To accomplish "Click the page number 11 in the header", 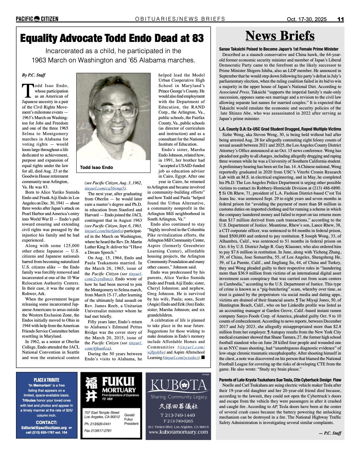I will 340,19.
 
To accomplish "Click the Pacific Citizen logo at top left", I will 37,19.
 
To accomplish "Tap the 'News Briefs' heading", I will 280,36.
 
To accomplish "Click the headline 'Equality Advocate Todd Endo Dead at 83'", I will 112,38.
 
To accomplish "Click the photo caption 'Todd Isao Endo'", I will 96,167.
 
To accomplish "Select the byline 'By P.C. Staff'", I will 34,75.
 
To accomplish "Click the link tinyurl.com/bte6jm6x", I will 99,231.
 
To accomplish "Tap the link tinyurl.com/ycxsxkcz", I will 181,358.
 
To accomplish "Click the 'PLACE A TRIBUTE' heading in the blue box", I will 47,380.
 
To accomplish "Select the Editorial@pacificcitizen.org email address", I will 44,428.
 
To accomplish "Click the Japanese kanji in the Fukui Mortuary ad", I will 91,389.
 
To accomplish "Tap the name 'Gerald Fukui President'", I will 131,419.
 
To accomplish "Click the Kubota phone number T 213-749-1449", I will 178,415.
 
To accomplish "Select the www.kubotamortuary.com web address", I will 178,432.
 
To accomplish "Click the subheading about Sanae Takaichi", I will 278,49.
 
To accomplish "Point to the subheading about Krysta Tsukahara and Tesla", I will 280,380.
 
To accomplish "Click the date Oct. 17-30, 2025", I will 307,19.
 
